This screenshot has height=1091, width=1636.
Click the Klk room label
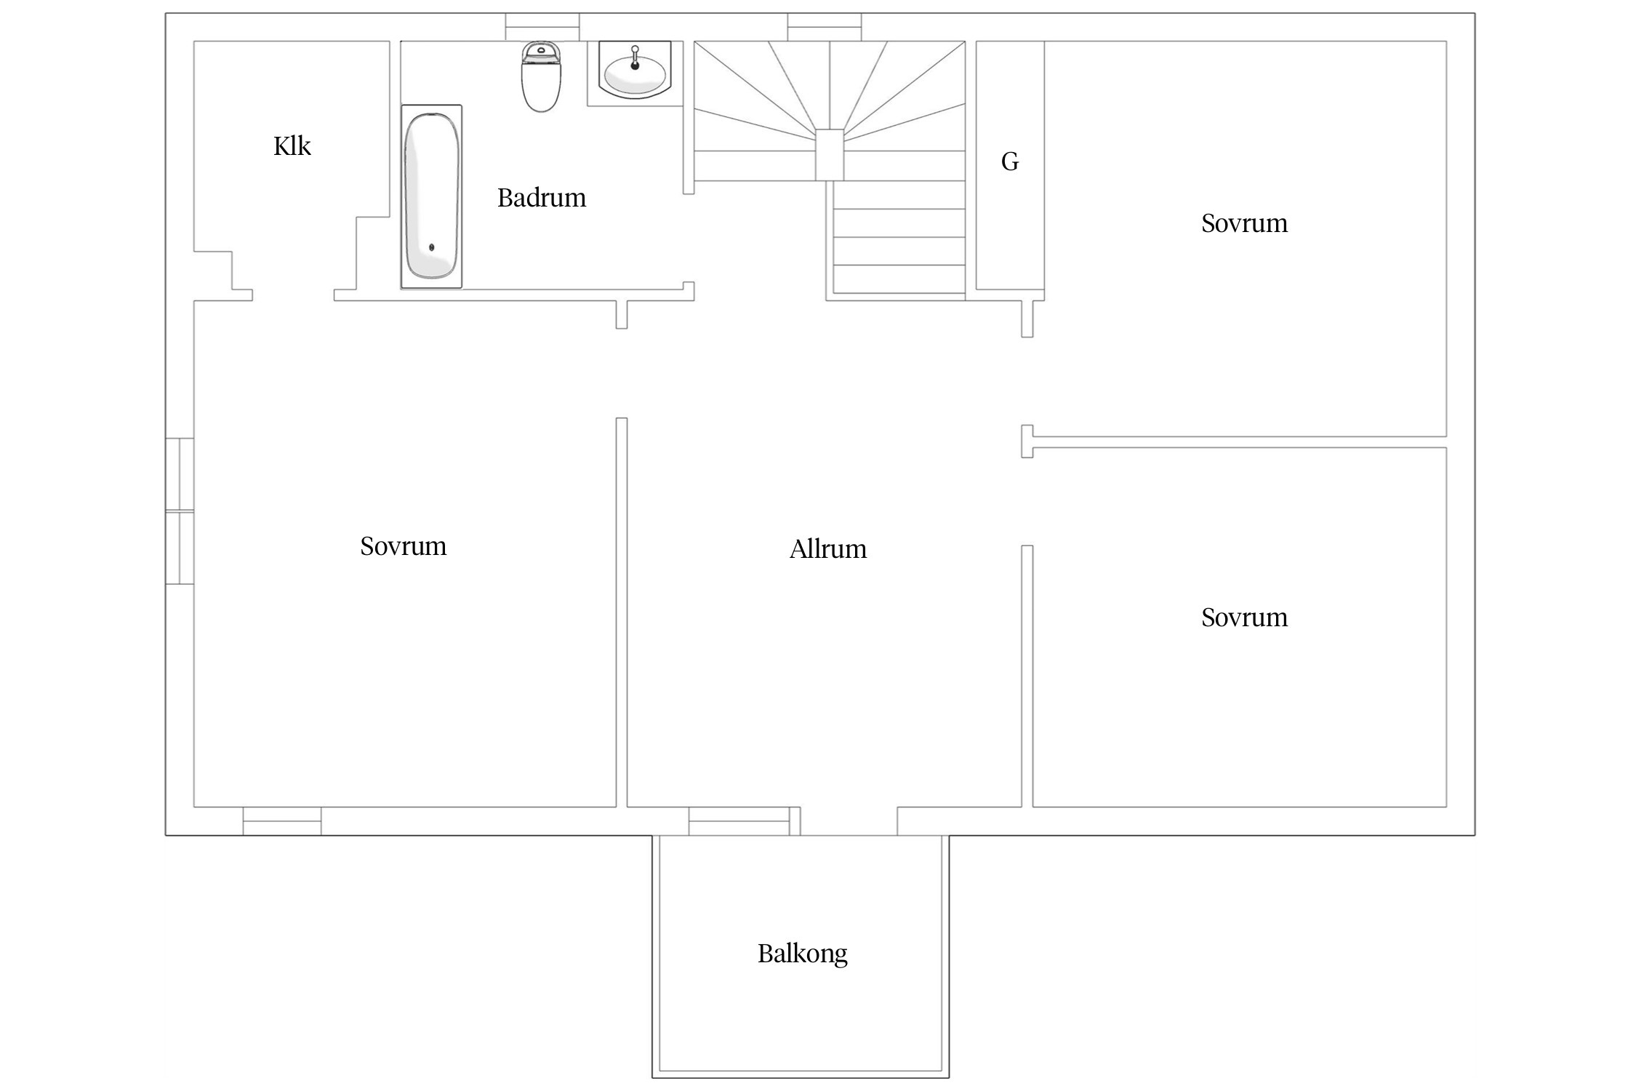point(292,146)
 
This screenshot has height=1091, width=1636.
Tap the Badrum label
point(542,198)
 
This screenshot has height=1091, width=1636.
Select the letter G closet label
point(1010,161)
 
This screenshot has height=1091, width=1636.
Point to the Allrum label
point(828,548)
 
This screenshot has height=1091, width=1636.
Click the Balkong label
point(803,954)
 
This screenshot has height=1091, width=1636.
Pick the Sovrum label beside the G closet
point(1244,223)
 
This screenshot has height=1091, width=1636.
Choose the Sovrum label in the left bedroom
point(404,546)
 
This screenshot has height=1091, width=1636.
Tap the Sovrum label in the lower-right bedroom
point(1244,618)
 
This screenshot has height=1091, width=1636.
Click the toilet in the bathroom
point(541,76)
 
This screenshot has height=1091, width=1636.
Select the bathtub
point(432,196)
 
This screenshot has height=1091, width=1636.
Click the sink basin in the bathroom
point(635,73)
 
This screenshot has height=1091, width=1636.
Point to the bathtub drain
point(432,247)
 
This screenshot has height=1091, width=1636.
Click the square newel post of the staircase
point(830,155)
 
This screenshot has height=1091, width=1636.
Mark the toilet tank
point(541,52)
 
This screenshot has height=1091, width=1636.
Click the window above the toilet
point(542,27)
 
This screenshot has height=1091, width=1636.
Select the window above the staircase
point(825,27)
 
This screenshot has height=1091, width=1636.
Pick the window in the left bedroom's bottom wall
point(282,821)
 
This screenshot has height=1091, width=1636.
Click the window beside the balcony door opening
point(739,821)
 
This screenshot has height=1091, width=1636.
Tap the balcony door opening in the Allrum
point(849,821)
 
